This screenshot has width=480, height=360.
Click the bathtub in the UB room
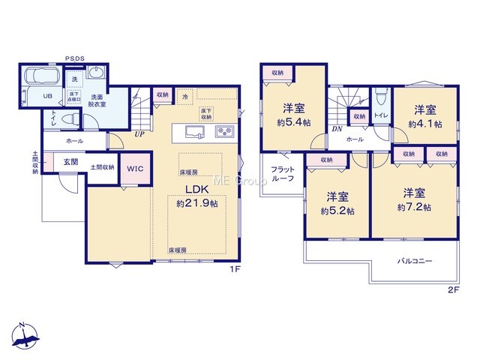[x=41, y=75]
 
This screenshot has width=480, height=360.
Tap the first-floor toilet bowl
[x=70, y=118]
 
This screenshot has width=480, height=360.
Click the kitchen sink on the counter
[x=195, y=132]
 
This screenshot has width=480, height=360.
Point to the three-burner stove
[x=225, y=132]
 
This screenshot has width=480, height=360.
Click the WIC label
[x=135, y=169]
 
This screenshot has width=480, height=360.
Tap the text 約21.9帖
[x=197, y=203]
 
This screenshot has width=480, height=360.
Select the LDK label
[x=196, y=190]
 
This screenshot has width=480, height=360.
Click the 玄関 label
[x=70, y=162]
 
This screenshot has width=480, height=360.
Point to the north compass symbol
[x=25, y=335]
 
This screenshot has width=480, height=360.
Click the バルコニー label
[x=415, y=261]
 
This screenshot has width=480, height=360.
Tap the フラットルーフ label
[x=283, y=173]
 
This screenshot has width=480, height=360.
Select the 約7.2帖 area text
[x=414, y=207]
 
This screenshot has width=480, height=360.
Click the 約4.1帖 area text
[x=425, y=124]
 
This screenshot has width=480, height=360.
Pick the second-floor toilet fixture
[x=381, y=97]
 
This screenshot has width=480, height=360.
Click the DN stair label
[x=337, y=129]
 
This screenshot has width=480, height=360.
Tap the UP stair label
[x=139, y=134]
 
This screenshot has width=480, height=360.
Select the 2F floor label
[x=454, y=290]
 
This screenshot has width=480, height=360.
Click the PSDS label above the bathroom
[x=75, y=58]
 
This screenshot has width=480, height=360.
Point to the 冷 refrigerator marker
[x=185, y=97]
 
